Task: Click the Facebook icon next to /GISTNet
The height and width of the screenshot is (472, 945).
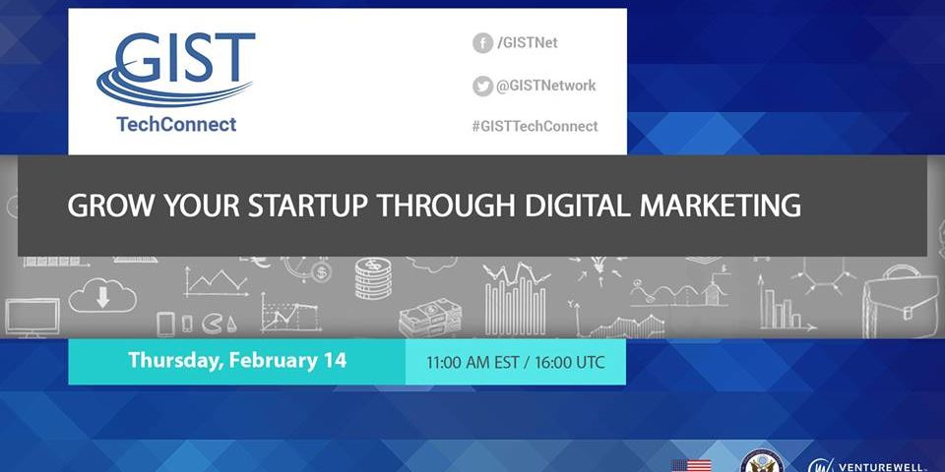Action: point(482,42)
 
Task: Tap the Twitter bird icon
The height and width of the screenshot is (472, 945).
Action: point(482,87)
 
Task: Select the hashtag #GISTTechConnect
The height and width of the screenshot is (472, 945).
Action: point(535,127)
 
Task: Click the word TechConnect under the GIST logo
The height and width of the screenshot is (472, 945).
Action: point(176,124)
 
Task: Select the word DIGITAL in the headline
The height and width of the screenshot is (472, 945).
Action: point(578,206)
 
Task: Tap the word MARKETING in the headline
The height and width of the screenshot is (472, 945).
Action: point(721,206)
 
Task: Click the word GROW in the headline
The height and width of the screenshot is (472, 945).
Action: point(111,206)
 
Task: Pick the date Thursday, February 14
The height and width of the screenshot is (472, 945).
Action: point(237,361)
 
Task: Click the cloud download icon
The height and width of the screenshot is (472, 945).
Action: point(102,295)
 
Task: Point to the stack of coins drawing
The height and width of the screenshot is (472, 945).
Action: point(373,278)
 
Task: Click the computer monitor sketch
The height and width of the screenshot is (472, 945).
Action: point(31,318)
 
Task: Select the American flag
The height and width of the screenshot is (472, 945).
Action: point(691,465)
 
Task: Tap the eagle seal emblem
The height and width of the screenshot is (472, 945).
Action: point(762,461)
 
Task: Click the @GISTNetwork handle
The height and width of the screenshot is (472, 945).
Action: point(545,87)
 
